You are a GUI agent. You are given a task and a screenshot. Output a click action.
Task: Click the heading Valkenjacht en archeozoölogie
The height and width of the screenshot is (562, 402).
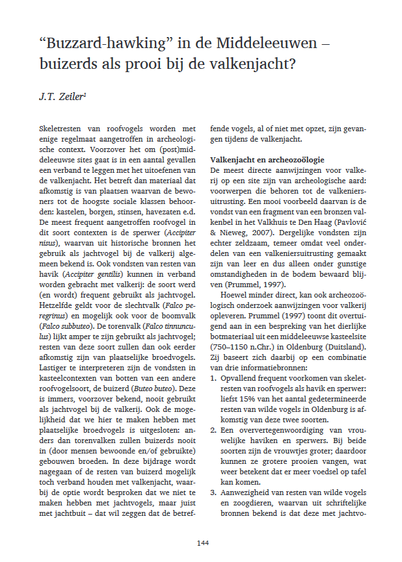click(266, 160)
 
